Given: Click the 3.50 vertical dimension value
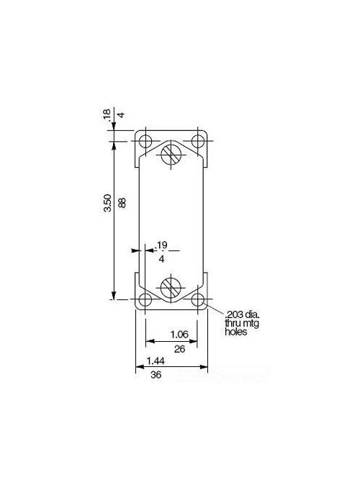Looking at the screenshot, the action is tap(107, 203).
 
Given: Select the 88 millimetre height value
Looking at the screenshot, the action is tap(122, 203).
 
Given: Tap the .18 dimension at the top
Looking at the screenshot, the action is tap(107, 114).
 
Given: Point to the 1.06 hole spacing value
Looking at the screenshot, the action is tap(179, 334).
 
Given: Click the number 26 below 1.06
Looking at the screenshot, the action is tap(179, 349).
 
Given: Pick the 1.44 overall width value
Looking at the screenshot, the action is tap(156, 361).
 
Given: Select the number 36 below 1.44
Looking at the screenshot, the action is tap(156, 375).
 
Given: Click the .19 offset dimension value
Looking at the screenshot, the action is tap(161, 245).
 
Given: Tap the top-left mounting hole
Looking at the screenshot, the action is tap(145, 142).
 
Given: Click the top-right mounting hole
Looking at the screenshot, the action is tap(197, 141).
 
